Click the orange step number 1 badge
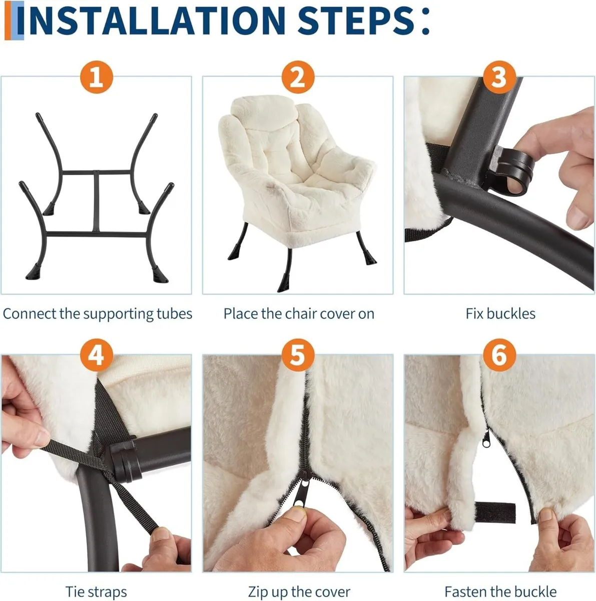click(x=96, y=77)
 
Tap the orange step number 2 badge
click(x=298, y=77)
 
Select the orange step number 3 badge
click(x=499, y=77)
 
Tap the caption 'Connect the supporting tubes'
click(x=97, y=314)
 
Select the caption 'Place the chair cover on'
click(x=299, y=314)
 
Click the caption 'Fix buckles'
click(x=500, y=314)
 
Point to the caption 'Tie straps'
click(x=96, y=591)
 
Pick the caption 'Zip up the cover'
click(x=299, y=592)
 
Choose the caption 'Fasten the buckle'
click(x=500, y=591)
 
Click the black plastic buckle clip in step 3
click(x=511, y=172)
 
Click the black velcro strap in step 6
click(x=494, y=512)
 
